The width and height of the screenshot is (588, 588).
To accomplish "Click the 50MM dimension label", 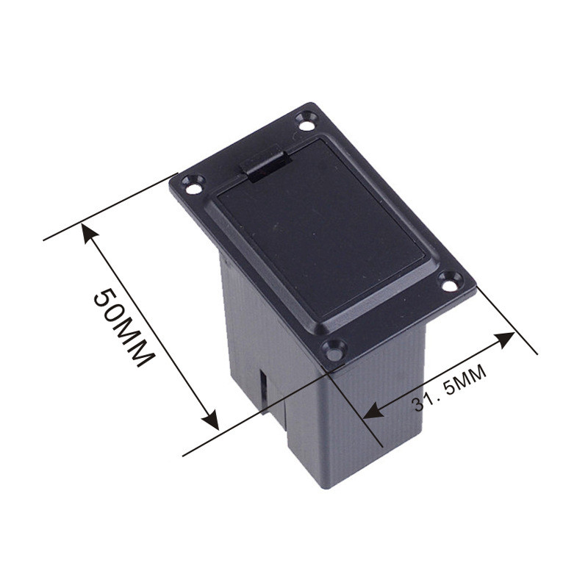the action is [123, 327].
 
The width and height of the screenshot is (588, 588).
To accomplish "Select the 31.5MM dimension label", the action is [449, 388].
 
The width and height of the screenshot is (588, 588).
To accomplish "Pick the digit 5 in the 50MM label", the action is [104, 299].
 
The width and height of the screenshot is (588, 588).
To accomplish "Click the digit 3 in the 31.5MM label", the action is [417, 404].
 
